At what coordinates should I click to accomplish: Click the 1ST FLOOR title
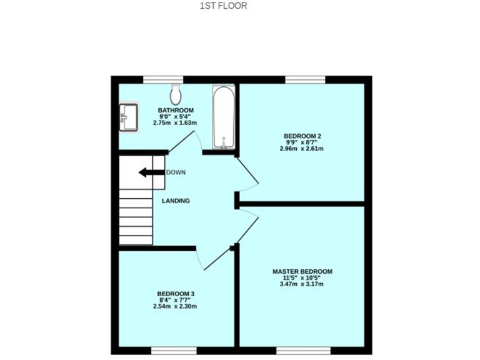pos(223,6)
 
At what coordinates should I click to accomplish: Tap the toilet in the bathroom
pos(176,94)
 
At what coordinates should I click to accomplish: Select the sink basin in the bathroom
pos(129,117)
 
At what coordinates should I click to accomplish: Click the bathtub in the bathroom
pos(223,117)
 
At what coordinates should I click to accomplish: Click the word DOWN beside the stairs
pos(176,172)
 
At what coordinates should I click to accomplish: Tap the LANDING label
pos(176,201)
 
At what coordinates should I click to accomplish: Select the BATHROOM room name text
pos(176,110)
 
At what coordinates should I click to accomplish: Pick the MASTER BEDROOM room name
pos(302,271)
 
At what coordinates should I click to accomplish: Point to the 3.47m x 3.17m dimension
pos(302,284)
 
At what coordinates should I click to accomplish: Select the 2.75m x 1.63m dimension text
pos(176,123)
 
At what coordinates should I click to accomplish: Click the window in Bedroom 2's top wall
pos(305,79)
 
